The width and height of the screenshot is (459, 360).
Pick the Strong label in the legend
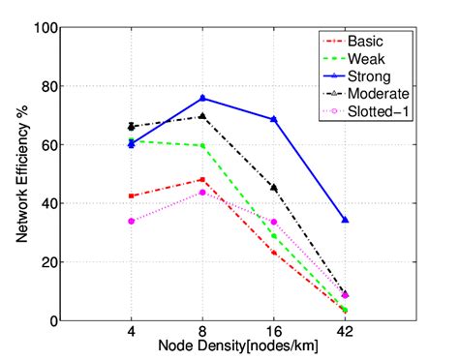click(x=370, y=76)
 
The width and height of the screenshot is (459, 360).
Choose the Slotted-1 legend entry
click(x=376, y=111)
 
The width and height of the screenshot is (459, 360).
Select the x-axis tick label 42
click(x=345, y=331)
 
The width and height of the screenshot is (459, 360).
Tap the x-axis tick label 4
click(x=131, y=331)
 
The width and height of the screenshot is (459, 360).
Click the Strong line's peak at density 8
click(x=202, y=98)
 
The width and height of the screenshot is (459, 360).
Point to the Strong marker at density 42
click(x=345, y=220)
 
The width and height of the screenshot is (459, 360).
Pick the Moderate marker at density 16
click(x=274, y=188)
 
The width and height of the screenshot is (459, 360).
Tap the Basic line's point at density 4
click(x=131, y=195)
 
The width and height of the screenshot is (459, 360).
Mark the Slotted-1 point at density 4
click(x=131, y=221)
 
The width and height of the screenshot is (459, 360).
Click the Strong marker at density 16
click(x=274, y=119)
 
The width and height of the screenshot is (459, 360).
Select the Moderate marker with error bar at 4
click(x=131, y=126)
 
